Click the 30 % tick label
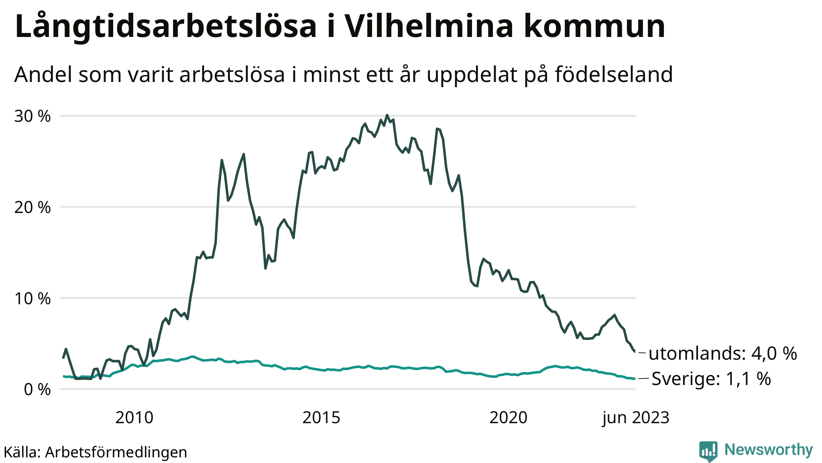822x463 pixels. click(x=33, y=117)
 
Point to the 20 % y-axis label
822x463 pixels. click(x=33, y=208)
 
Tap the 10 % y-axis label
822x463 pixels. click(x=33, y=299)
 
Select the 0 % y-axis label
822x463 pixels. click(x=37, y=389)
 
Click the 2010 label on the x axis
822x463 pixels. click(x=134, y=418)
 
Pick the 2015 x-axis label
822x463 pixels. click(x=321, y=418)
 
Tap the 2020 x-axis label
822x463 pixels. click(x=508, y=418)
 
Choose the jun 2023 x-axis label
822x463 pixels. click(x=636, y=418)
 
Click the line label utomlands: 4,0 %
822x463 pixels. click(x=722, y=354)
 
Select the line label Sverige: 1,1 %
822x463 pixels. click(x=711, y=379)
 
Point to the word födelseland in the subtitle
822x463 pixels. click(x=614, y=75)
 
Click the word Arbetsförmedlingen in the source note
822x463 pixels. click(x=116, y=452)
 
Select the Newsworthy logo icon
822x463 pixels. click(x=708, y=451)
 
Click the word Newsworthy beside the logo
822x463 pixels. click(x=769, y=450)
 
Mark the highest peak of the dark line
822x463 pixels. click(x=387, y=115)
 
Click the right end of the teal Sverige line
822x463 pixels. click(x=635, y=379)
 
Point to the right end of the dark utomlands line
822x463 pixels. click(x=635, y=352)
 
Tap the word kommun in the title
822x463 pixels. click(x=594, y=27)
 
